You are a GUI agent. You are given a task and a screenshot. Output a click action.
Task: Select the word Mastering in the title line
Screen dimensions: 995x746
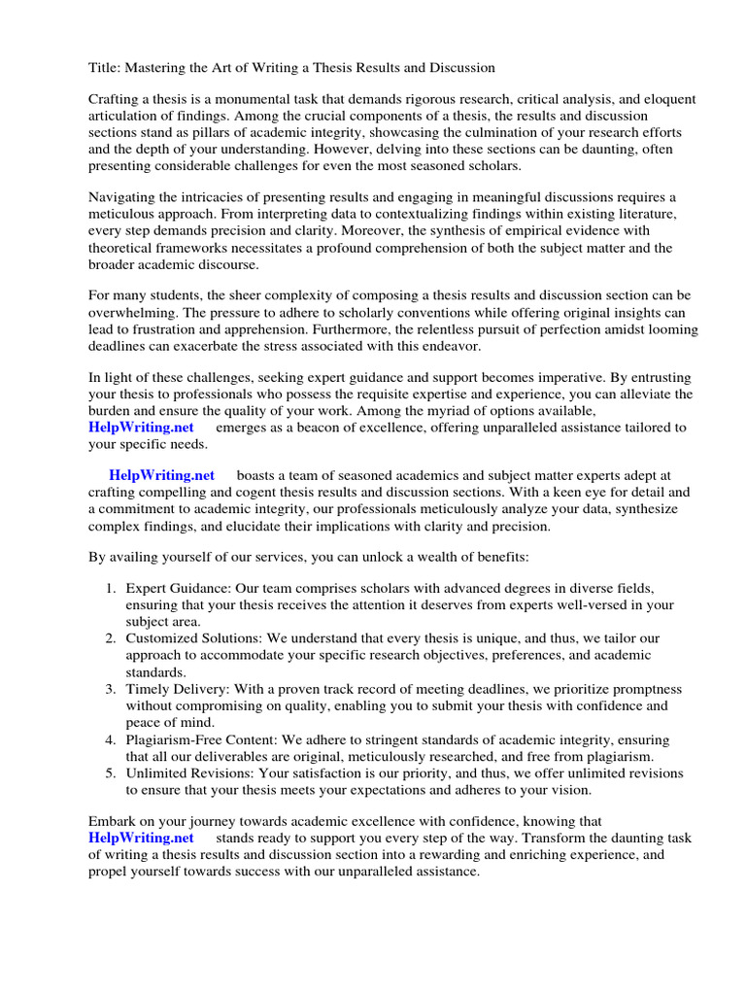pyautogui.click(x=160, y=68)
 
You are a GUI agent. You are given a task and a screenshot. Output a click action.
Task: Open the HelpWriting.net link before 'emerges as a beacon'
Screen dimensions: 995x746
pyautogui.click(x=141, y=428)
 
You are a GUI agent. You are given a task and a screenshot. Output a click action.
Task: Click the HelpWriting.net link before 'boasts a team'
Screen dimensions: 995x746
pyautogui.click(x=161, y=475)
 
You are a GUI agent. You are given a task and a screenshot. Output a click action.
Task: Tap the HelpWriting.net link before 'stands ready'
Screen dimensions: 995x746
pyautogui.click(x=141, y=838)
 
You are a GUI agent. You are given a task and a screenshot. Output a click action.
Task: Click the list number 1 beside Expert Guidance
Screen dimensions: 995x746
pyautogui.click(x=112, y=588)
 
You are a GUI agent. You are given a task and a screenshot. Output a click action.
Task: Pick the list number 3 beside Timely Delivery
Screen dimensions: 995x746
pyautogui.click(x=112, y=689)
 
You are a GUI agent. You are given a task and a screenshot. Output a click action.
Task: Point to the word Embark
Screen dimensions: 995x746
pyautogui.click(x=114, y=821)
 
